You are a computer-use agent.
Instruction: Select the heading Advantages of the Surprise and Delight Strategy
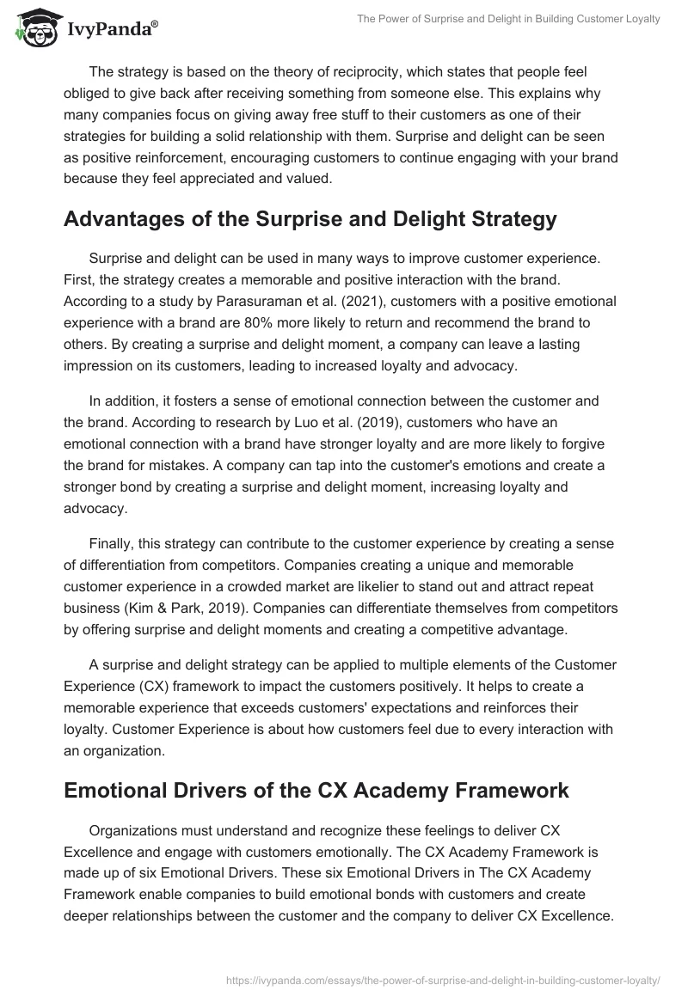point(310,219)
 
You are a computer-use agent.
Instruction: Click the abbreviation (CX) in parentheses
point(155,687)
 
